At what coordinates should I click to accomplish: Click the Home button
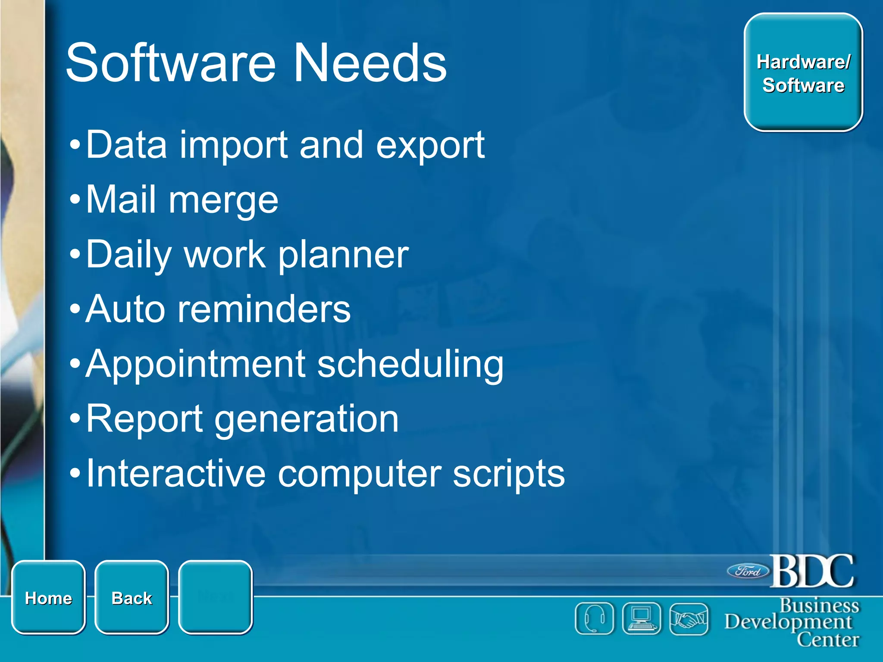(x=48, y=597)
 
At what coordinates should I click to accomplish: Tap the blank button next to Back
(x=215, y=597)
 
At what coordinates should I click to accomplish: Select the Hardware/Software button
(x=803, y=72)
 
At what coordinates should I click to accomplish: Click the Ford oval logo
(x=748, y=571)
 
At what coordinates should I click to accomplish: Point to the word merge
(x=223, y=201)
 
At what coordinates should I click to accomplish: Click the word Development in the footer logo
(x=788, y=622)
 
